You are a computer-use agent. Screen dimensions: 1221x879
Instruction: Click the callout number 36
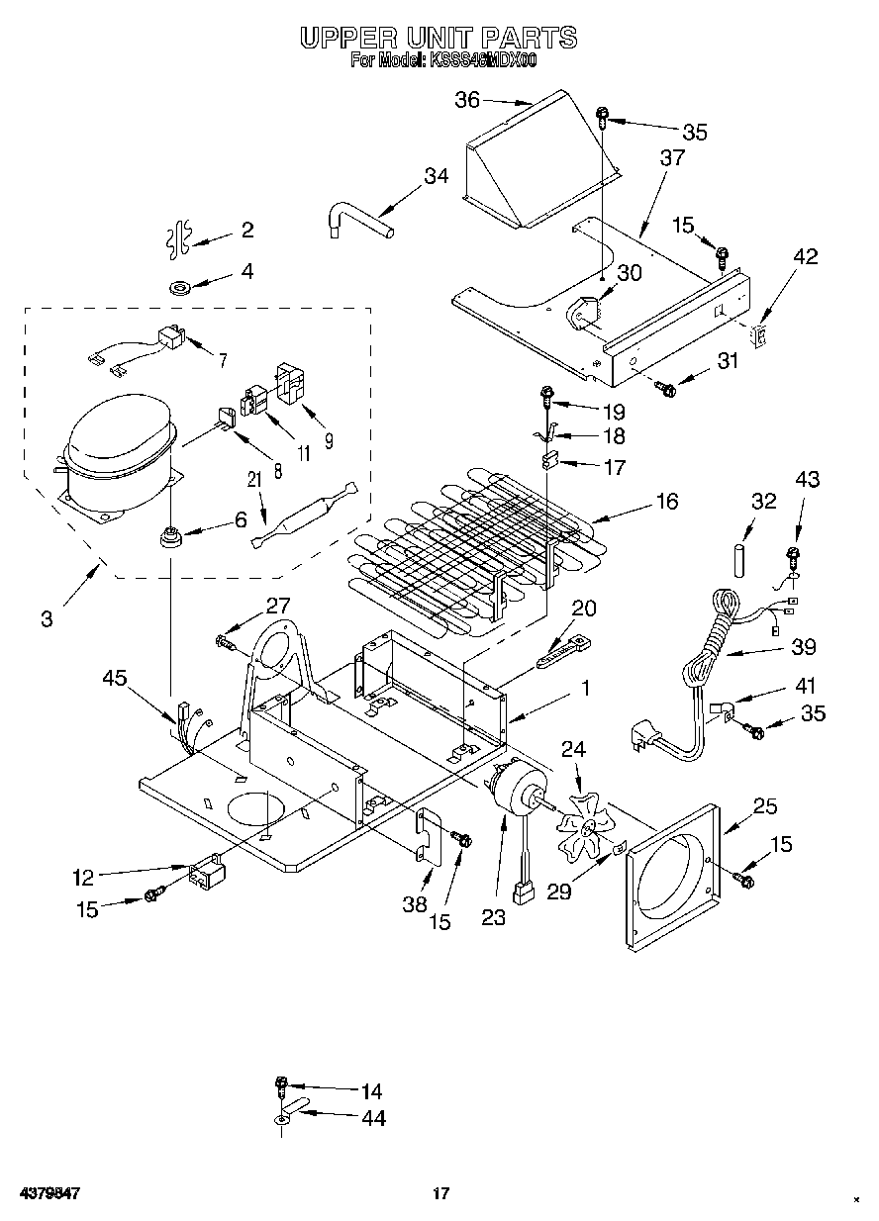[467, 99]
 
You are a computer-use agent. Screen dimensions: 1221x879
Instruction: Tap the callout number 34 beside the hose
[436, 176]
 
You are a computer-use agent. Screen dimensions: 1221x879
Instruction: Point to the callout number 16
[666, 502]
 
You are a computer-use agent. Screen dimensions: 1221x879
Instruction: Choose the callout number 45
[116, 677]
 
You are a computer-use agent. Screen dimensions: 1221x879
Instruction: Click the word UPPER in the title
[346, 38]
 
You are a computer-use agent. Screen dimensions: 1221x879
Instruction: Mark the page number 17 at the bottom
[441, 1193]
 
